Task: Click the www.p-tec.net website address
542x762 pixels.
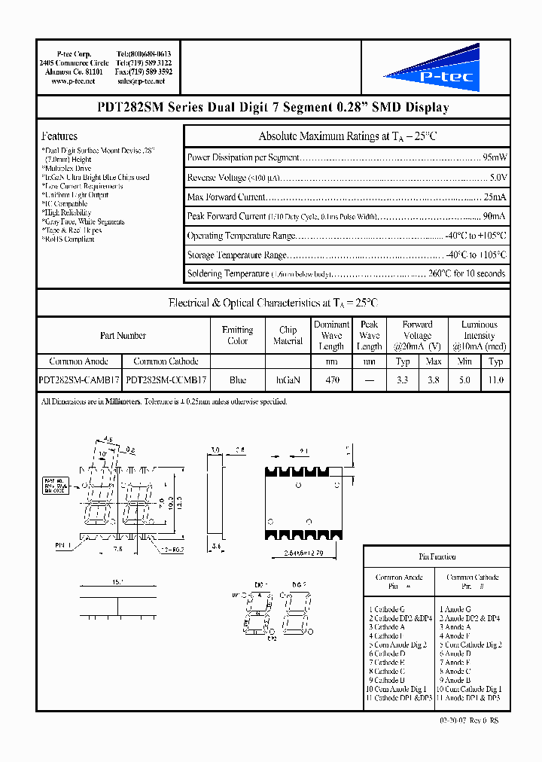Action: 73,81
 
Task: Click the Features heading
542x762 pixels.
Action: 59,136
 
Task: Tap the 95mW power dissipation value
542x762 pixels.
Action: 494,158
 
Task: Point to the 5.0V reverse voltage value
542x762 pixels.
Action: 498,178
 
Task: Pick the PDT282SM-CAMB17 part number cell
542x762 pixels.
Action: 79,381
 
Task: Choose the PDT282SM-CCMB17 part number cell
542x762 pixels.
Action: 166,381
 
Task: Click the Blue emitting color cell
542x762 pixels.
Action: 237,381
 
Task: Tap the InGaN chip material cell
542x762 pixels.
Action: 288,381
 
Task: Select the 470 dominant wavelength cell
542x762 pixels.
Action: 331,381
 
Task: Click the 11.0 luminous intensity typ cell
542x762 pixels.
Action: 495,381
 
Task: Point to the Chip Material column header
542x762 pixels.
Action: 288,335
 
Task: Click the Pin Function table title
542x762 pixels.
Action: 437,556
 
